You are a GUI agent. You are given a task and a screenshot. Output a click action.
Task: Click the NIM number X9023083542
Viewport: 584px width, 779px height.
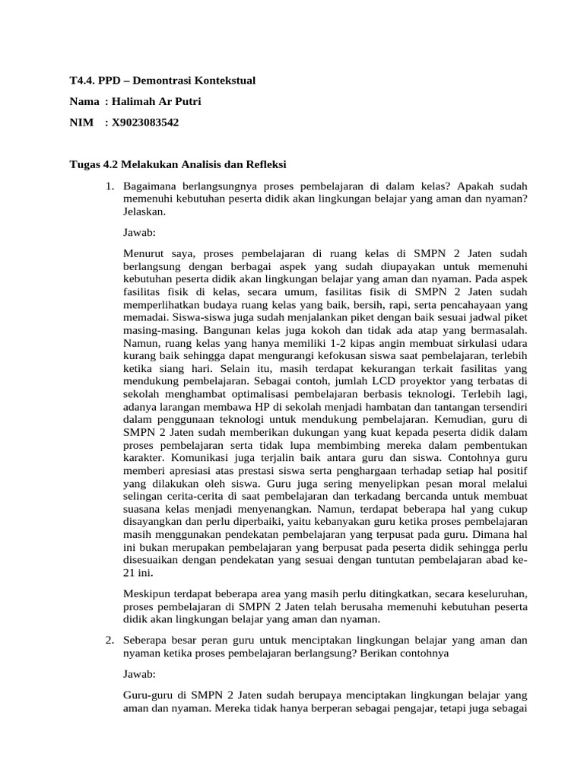144,122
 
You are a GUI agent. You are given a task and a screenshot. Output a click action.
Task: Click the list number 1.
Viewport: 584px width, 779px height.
109,186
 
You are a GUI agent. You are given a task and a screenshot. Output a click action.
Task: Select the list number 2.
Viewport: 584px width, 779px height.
109,641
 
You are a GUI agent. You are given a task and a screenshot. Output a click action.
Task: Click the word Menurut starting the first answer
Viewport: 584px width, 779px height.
143,253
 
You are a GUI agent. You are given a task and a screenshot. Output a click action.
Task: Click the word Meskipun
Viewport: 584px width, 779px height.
148,594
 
